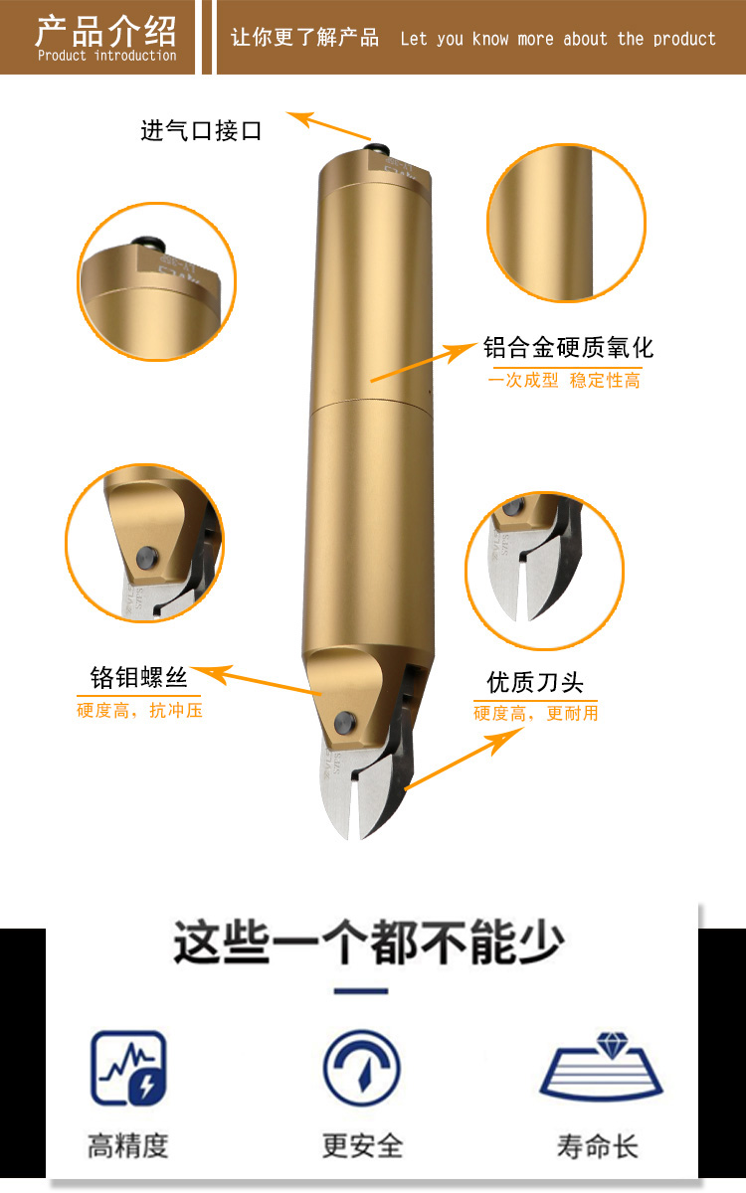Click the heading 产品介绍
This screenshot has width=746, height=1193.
coord(105,31)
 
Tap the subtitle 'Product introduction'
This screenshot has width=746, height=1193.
coord(107,56)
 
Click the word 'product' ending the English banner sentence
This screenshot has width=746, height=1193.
coord(684,40)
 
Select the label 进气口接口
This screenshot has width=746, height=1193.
coord(201,130)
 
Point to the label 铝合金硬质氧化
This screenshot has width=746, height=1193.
coord(568,348)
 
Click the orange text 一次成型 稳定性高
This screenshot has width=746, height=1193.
coord(564,380)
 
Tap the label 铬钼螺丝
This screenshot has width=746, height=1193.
coord(138,677)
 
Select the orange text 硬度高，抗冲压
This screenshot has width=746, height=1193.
coord(139,710)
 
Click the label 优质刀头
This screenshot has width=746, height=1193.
coord(535,682)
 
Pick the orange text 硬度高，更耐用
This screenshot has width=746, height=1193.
coord(535,713)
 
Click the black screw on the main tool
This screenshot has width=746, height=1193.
coord(345,722)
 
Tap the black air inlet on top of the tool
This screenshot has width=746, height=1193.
coord(378,147)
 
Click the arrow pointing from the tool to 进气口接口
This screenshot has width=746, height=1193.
coord(328,125)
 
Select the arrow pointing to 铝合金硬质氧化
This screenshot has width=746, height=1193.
coord(424,362)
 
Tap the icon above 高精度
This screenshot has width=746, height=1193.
coord(128,1068)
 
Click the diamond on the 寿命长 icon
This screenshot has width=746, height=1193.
coord(613,1045)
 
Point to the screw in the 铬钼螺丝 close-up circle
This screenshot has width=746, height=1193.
coord(147,558)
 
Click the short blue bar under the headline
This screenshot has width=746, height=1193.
coord(361,991)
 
